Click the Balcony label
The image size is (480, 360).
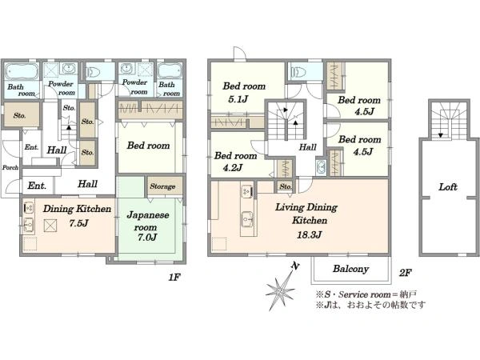[x=350, y=269]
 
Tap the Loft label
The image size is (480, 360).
[x=448, y=186]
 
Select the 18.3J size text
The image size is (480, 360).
[x=309, y=234]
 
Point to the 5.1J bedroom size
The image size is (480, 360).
[x=238, y=99]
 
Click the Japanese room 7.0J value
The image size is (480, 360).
[x=147, y=237]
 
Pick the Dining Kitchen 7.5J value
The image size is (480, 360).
[x=78, y=222]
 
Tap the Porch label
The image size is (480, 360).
[x=10, y=167]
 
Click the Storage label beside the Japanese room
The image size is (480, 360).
[x=162, y=186]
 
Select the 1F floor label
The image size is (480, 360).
[x=174, y=277]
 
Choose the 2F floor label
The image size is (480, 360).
[x=405, y=273]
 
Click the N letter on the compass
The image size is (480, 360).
[x=294, y=266]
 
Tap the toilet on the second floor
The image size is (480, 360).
[x=298, y=72]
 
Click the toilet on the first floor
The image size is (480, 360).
[x=94, y=72]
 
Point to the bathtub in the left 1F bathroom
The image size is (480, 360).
[x=22, y=72]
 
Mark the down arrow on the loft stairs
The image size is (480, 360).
[x=441, y=134]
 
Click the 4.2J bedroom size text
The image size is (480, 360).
[x=233, y=167]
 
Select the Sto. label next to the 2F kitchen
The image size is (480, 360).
[x=286, y=186]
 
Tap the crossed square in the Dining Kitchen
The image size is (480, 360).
[x=50, y=226]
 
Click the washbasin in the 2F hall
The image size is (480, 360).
[x=321, y=167]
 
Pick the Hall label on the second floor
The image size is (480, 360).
[x=307, y=147]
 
